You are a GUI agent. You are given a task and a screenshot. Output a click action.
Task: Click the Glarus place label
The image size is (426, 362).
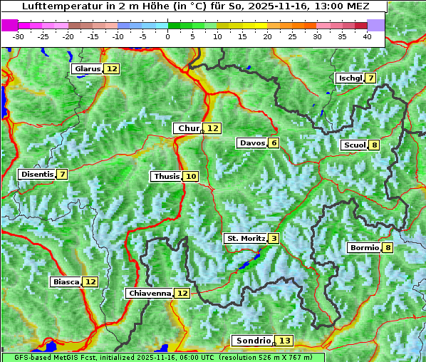click(x=87, y=69)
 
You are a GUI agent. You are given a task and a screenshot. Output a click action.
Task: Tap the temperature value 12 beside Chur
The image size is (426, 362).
click(x=213, y=128)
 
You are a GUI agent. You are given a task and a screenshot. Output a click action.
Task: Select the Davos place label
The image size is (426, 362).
click(x=252, y=143)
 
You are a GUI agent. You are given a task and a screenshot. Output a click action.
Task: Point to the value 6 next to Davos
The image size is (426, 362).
click(x=274, y=143)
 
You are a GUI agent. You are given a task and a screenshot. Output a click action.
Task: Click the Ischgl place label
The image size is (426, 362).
click(x=350, y=78)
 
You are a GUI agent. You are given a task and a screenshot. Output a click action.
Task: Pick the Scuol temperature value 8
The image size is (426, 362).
click(x=374, y=145)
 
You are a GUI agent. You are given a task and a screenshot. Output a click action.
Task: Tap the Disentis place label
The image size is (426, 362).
click(x=36, y=175)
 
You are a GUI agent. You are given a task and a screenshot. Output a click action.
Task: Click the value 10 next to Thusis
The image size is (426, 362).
click(x=190, y=177)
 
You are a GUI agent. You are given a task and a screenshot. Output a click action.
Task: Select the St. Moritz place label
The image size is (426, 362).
click(x=245, y=238)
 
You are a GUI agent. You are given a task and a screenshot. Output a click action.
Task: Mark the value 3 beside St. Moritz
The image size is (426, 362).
click(x=274, y=238)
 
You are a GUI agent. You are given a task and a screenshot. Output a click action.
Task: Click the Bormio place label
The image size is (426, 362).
click(x=363, y=248)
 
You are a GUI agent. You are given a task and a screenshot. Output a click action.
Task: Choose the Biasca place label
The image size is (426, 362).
click(x=66, y=282)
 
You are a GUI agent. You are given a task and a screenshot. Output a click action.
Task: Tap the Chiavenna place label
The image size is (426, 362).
click(x=150, y=293)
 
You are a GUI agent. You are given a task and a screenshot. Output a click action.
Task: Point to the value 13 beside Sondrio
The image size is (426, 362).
click(x=284, y=341)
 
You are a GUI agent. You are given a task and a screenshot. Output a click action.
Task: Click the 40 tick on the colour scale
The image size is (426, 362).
click(x=367, y=36)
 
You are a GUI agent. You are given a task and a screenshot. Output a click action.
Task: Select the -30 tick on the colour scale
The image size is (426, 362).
click(x=19, y=36)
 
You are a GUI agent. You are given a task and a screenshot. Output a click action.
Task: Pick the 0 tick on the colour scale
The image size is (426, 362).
click(x=167, y=36)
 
